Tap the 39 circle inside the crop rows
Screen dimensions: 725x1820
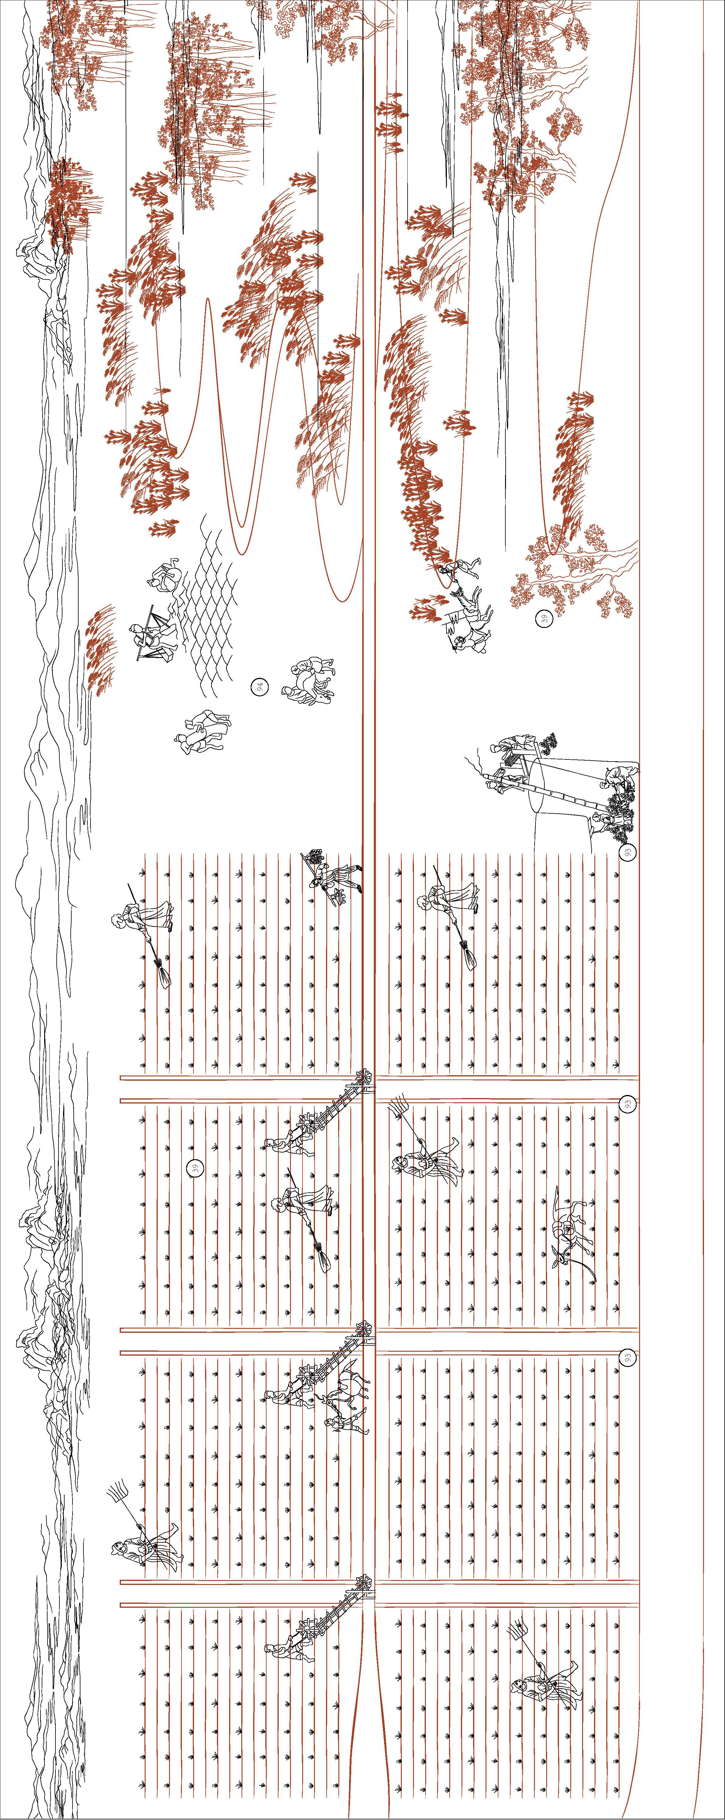click(x=196, y=1168)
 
